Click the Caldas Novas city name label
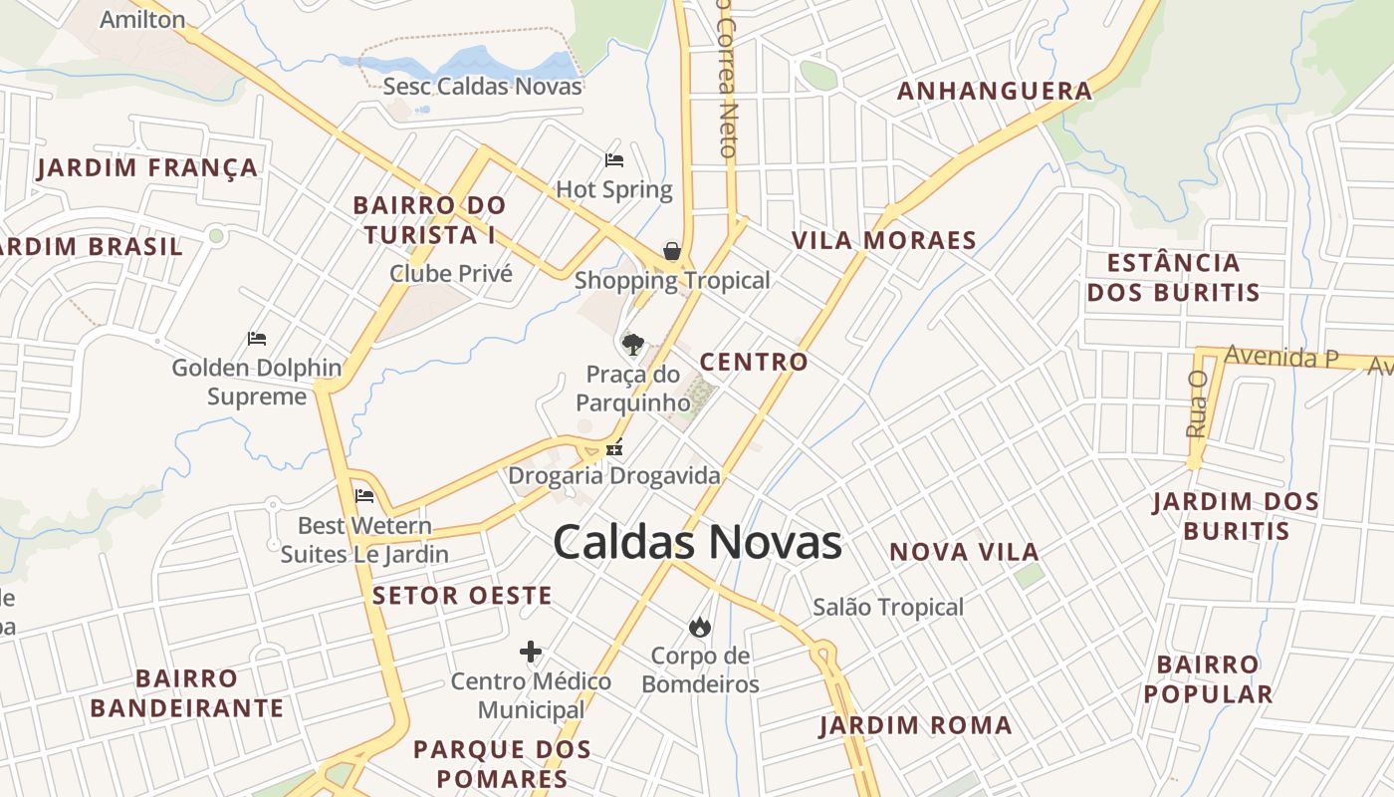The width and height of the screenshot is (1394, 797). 697,543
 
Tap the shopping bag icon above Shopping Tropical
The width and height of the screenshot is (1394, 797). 672,251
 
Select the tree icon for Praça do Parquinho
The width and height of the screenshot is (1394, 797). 632,345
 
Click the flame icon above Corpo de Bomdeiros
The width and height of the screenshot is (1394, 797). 700,627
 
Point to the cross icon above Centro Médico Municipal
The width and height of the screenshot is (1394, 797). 531,653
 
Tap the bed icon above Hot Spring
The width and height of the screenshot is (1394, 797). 614,159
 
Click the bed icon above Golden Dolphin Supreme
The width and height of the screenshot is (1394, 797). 257,339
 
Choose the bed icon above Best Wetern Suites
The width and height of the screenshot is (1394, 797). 364,495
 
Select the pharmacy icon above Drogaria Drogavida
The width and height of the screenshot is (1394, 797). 614,448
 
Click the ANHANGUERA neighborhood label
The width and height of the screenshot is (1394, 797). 995,92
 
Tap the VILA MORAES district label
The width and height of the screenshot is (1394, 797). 883,240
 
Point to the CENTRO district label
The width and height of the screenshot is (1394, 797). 754,362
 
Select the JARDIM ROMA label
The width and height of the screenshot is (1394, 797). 915,725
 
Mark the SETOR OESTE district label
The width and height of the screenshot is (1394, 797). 462,596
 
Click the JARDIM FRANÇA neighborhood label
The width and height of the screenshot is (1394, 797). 147,167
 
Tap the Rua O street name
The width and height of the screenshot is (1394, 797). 1197,403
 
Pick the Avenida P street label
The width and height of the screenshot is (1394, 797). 1281,356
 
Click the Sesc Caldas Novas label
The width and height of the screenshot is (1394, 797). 482,86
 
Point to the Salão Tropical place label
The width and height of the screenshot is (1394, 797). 888,607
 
